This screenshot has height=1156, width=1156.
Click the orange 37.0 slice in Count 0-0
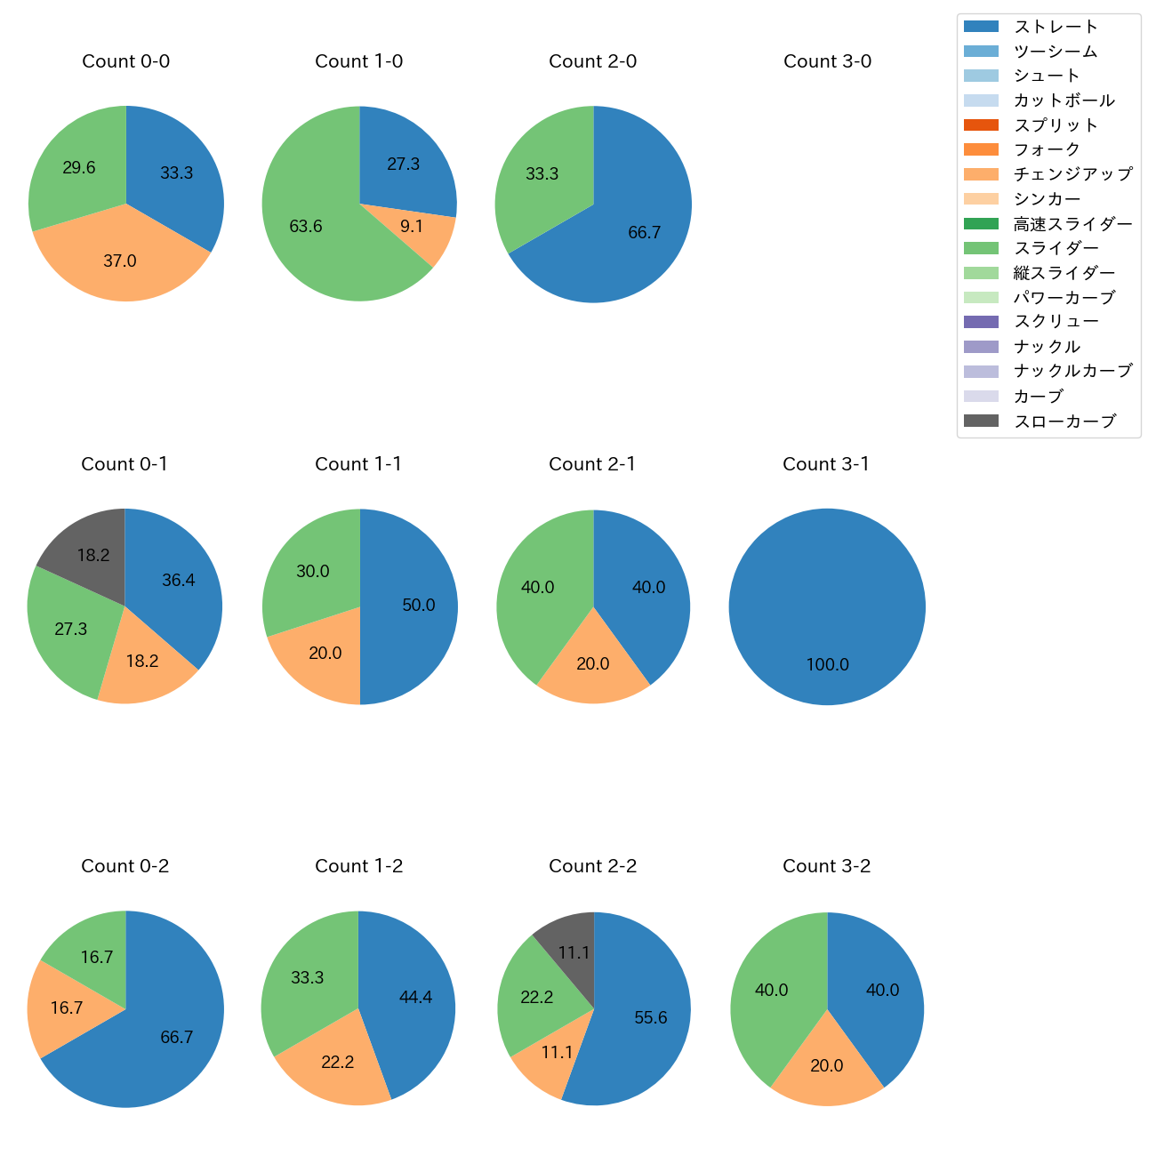click(x=120, y=261)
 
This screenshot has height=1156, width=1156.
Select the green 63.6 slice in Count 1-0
click(x=306, y=226)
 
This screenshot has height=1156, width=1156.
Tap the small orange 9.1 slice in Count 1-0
click(x=412, y=227)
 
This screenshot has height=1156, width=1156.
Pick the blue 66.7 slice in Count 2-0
click(x=644, y=232)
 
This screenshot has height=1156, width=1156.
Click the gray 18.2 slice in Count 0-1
click(x=92, y=555)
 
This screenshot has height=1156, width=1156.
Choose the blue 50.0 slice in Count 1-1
click(x=418, y=605)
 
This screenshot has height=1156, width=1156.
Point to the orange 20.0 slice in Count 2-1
click(x=593, y=663)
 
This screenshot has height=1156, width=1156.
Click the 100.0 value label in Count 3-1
click(x=827, y=664)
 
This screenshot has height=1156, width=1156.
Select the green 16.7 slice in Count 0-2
click(x=96, y=957)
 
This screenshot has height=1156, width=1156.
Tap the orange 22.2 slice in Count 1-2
click(x=337, y=1062)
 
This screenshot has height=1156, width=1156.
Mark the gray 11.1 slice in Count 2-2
click(x=574, y=952)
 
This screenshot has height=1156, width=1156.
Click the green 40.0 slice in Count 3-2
click(x=771, y=990)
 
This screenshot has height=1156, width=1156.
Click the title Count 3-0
click(x=827, y=61)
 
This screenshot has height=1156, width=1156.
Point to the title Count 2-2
click(x=592, y=866)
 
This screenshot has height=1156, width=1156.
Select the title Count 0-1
click(x=124, y=464)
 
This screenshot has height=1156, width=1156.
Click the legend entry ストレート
click(x=1056, y=27)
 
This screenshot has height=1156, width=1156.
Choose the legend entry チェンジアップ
click(x=1072, y=174)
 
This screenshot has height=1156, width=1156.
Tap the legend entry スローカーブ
click(x=1064, y=421)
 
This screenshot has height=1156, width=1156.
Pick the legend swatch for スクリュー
click(x=981, y=322)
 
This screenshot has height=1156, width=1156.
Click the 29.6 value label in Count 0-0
click(x=79, y=167)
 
